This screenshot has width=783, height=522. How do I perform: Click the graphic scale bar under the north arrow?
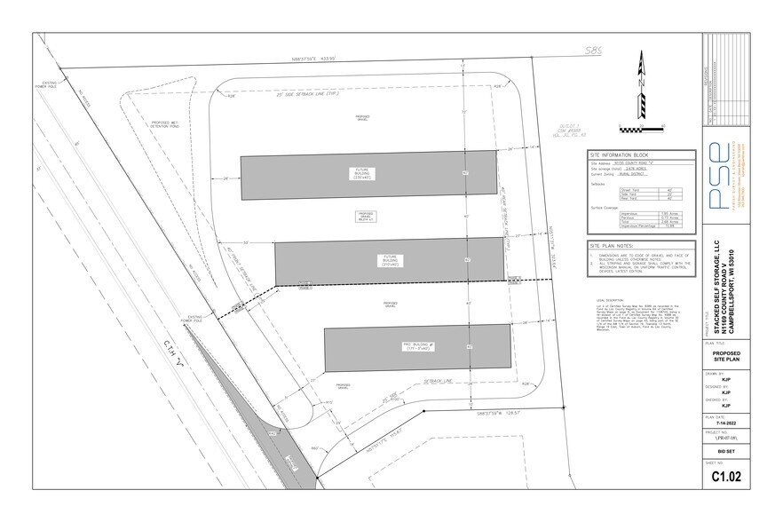639,109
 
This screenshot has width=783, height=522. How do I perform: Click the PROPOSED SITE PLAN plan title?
726,358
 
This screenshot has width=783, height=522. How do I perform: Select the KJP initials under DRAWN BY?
726,381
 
